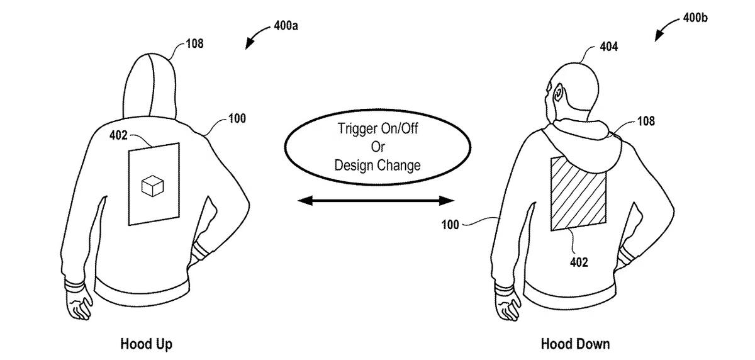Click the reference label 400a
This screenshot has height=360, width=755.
[286, 26]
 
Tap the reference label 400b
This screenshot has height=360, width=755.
[695, 18]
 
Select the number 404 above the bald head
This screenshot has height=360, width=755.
[609, 47]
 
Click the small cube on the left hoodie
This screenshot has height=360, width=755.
[153, 186]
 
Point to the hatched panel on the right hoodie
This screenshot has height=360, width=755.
[578, 194]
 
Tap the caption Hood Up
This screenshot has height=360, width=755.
[146, 344]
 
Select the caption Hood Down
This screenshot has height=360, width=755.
[575, 344]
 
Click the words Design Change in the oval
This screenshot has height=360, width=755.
[377, 166]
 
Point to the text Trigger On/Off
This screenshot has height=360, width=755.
[378, 128]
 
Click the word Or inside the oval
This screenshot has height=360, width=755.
[378, 147]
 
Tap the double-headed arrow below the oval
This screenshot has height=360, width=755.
[376, 201]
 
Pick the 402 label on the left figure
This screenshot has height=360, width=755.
[118, 135]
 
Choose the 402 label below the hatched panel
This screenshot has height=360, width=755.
[579, 262]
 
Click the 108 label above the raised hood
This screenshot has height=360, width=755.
[194, 44]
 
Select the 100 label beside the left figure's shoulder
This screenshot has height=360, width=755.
[237, 119]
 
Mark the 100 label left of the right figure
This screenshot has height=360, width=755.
[450, 225]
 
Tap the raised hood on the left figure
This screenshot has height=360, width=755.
[149, 86]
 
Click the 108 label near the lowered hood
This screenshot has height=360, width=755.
[646, 121]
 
